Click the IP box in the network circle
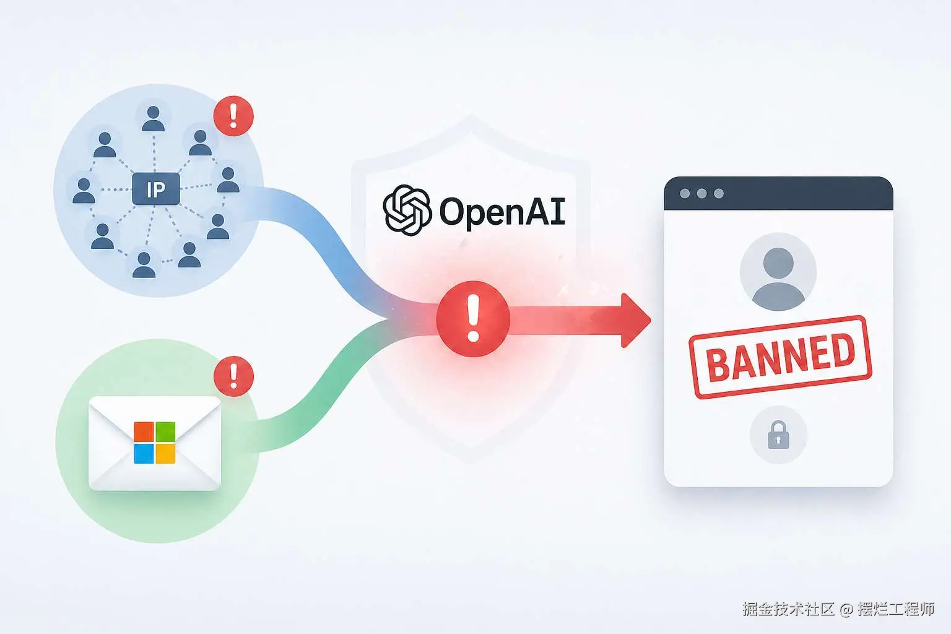coord(156,189)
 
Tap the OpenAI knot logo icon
coord(406,211)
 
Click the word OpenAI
coord(502,212)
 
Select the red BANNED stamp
coord(780,357)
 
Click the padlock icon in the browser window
coord(778,435)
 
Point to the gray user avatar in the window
coord(778,271)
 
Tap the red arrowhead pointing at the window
coord(635,320)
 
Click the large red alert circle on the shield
coord(473,319)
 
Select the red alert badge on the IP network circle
coord(233,115)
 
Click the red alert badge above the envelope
coord(233,376)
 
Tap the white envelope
coord(155,443)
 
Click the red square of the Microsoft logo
coord(144,432)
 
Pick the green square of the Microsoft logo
coord(165,432)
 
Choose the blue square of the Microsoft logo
coord(144,454)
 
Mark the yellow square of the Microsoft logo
coord(165,454)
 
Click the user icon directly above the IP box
coord(153,119)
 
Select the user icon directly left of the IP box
coord(84,191)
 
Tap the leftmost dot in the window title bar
coord(685,194)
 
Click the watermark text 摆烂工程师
coord(895,609)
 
